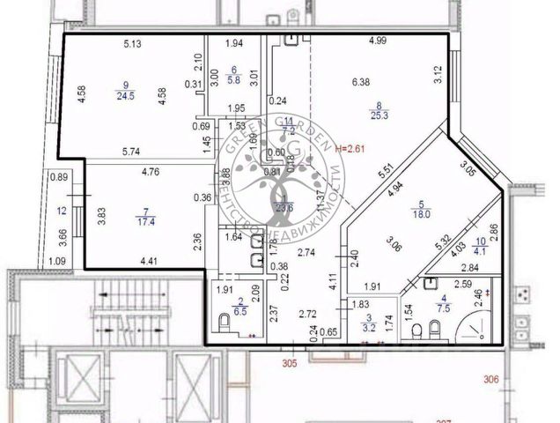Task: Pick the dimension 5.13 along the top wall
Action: [x=133, y=44]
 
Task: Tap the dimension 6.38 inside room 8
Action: [x=361, y=82]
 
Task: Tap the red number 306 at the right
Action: [x=491, y=379]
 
